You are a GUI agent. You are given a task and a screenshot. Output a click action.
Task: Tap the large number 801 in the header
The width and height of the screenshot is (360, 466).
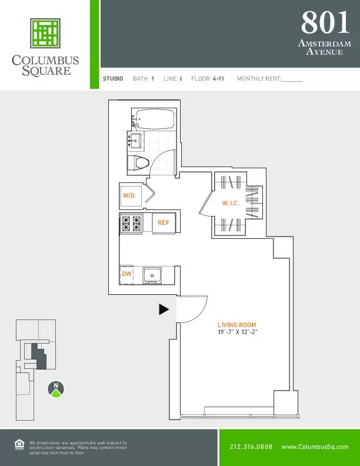(325, 23)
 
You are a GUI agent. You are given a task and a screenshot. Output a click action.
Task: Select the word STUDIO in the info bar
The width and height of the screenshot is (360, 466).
(113, 78)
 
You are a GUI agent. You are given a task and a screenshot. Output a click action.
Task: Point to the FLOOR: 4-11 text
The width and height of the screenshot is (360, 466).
(208, 78)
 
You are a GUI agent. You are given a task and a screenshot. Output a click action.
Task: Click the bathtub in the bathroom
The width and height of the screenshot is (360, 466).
(154, 119)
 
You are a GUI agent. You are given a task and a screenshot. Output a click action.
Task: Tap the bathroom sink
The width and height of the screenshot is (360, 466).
(135, 141)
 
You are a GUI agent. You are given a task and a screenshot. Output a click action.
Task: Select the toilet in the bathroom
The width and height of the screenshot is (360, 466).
(139, 164)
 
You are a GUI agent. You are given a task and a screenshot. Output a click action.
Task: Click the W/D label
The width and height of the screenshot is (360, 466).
(128, 195)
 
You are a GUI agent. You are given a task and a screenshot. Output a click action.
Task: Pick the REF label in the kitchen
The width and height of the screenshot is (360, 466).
(164, 222)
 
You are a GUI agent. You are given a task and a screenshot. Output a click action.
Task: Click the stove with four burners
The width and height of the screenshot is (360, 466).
(131, 223)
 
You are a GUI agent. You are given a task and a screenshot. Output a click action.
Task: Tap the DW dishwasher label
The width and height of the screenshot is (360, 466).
(126, 274)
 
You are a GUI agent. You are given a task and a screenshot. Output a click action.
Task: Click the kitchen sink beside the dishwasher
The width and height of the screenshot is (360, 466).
(153, 275)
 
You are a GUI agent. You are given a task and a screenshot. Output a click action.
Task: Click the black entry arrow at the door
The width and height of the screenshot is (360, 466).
(164, 309)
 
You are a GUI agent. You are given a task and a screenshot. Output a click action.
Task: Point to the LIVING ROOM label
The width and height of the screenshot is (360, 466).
(237, 325)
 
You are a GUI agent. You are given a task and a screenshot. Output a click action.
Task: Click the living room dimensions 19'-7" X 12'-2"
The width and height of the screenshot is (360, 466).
(238, 332)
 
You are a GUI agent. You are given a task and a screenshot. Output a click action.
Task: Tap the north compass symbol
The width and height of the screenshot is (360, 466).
(55, 388)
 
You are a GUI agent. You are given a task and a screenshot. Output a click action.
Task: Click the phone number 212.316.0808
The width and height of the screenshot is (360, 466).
(251, 447)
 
